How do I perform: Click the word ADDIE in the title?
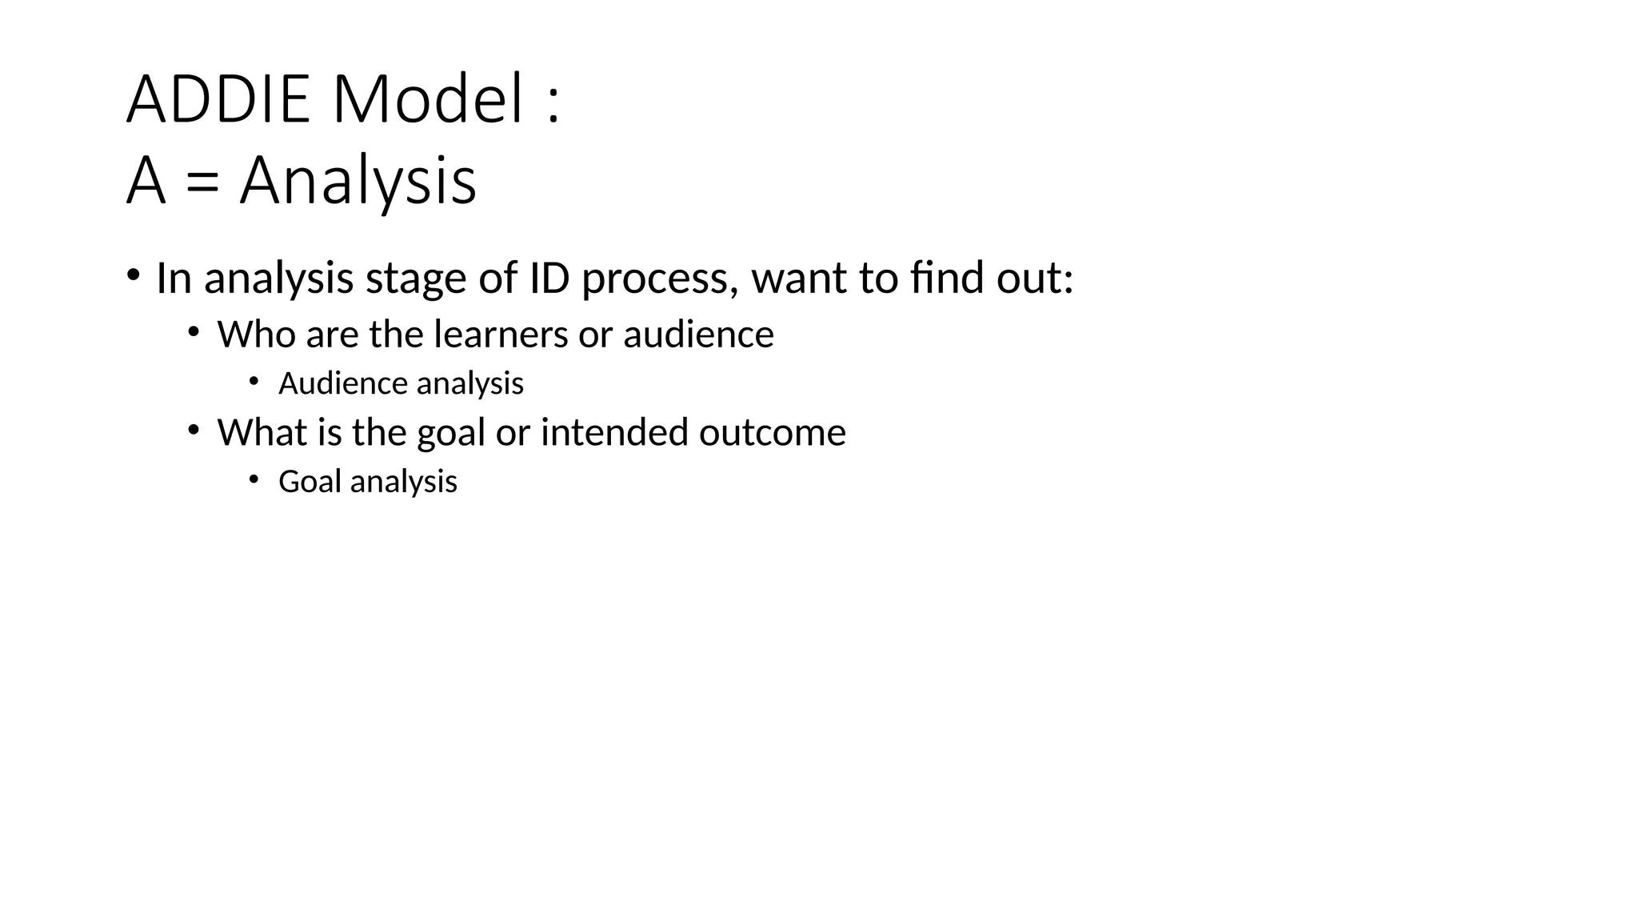click(218, 100)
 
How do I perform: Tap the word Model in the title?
click(428, 100)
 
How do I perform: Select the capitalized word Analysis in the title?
click(358, 182)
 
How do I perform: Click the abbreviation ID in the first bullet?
click(549, 279)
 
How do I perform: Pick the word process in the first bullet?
click(655, 280)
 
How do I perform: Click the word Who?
click(256, 335)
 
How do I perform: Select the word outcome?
click(772, 433)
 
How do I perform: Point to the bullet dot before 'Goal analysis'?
click(254, 479)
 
